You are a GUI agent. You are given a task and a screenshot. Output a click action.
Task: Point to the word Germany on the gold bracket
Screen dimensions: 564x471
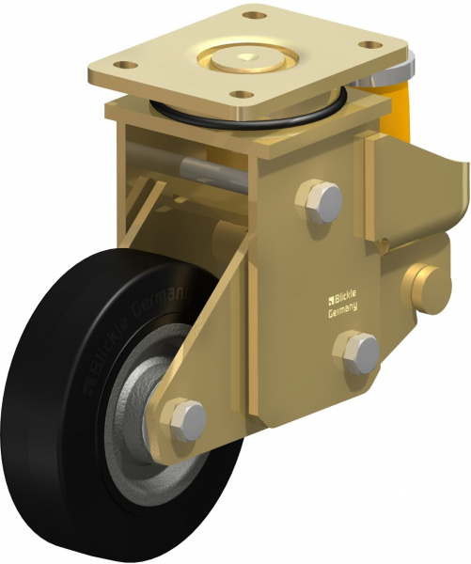pyautogui.click(x=344, y=315)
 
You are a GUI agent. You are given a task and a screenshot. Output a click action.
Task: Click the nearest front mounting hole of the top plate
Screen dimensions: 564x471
pyautogui.click(x=243, y=96)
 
